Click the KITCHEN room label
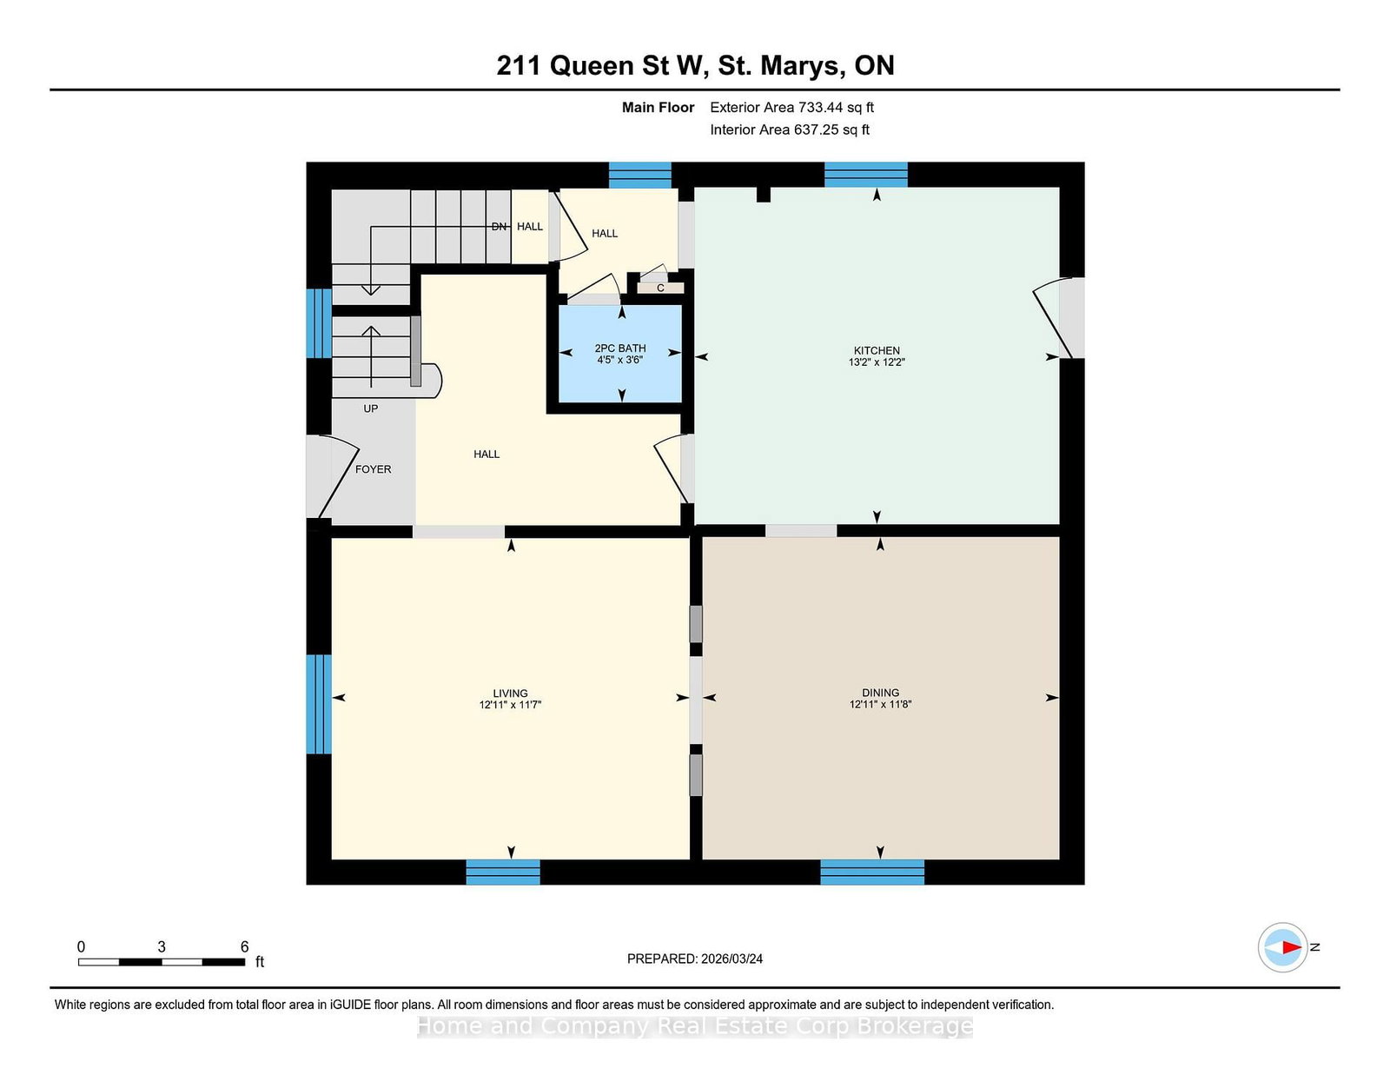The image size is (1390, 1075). point(876,350)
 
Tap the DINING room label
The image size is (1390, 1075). point(880,693)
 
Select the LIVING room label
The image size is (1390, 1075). point(510,693)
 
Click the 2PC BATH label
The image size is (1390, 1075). point(619,348)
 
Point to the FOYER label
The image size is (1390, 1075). point(373,469)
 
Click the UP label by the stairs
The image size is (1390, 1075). point(370,408)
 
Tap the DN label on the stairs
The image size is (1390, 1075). point(499,227)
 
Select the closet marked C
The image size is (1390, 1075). point(660,288)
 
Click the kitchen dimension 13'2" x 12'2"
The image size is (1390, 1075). point(876,362)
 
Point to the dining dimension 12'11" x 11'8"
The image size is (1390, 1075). point(880,705)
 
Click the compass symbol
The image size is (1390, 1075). point(1283,947)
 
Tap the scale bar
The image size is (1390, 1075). point(162,962)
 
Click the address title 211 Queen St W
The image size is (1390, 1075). point(695,66)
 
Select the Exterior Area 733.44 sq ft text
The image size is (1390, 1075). point(791,108)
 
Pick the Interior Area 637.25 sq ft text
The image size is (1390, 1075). point(790,129)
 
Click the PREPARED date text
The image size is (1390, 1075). point(695,959)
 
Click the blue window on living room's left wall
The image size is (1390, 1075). point(319,704)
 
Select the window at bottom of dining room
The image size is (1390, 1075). point(871,872)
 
